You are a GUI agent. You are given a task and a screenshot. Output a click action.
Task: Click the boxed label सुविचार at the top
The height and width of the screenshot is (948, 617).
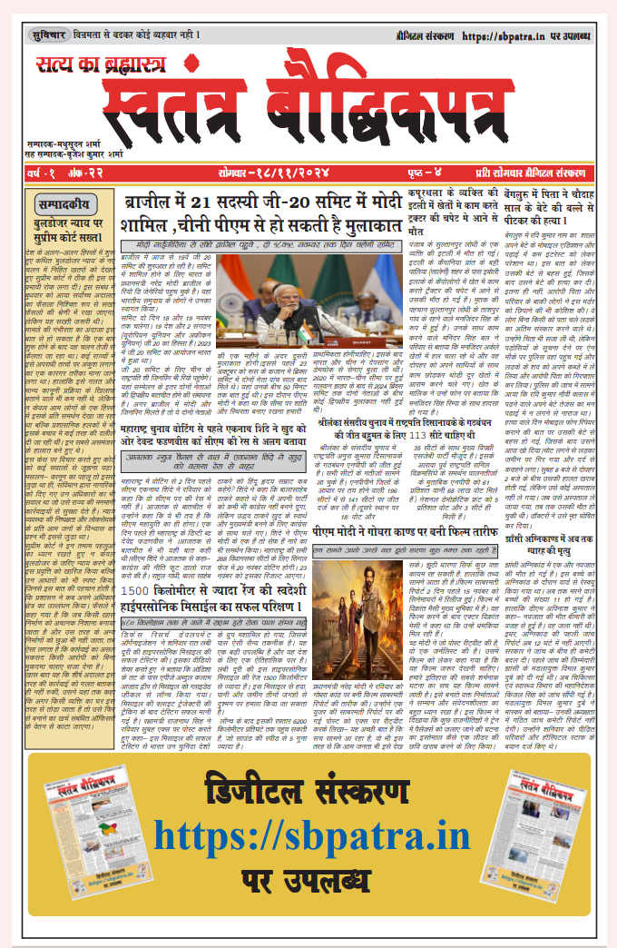[48, 35]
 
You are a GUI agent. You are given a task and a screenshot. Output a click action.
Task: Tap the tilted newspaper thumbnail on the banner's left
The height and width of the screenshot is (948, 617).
[76, 830]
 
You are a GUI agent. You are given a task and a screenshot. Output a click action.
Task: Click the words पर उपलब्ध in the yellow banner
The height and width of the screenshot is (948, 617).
[308, 878]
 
